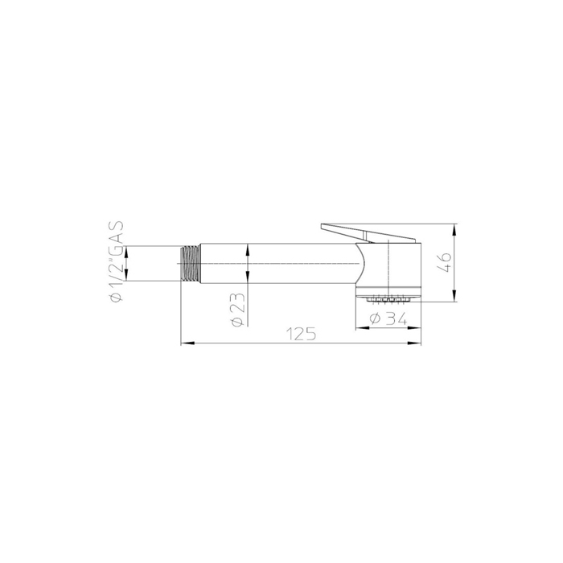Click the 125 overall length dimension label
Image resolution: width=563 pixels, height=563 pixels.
tap(302, 334)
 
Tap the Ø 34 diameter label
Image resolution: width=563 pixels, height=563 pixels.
tap(388, 318)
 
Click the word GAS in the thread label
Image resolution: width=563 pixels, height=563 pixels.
tap(117, 233)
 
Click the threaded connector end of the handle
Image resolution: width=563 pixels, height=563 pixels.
tap(190, 263)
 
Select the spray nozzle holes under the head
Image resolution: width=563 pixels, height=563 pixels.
tap(387, 298)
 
